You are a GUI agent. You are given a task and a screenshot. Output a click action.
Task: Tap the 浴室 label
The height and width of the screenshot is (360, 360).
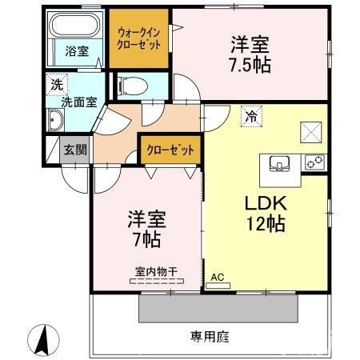pyautogui.click(x=77, y=51)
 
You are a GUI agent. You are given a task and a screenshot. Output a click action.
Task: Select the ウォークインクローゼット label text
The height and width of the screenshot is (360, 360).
pyautogui.click(x=139, y=38)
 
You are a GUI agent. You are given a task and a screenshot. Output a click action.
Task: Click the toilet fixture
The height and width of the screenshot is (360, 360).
pyautogui.click(x=132, y=85)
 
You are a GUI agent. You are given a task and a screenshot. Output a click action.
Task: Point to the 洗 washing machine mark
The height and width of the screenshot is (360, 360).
pyautogui.click(x=57, y=84)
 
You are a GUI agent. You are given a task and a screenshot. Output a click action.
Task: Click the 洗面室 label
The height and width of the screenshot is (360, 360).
pyautogui.click(x=79, y=102)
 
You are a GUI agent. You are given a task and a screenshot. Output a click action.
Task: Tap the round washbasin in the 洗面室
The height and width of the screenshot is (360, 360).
pyautogui.click(x=57, y=122)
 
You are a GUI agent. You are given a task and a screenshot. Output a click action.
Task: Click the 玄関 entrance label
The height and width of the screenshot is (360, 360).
pyautogui.click(x=76, y=149)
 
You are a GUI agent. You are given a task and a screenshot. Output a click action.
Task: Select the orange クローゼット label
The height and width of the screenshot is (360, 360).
pyautogui.click(x=170, y=149)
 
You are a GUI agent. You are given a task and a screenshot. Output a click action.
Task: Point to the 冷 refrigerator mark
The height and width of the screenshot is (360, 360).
pyautogui.click(x=251, y=117)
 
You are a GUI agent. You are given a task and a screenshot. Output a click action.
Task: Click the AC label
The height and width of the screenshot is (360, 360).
pyautogui.click(x=216, y=279)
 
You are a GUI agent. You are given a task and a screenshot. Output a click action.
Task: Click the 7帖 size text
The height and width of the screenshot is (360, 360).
pyautogui.click(x=148, y=238)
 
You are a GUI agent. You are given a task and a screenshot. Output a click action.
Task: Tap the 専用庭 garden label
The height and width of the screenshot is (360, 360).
pyautogui.click(x=210, y=337)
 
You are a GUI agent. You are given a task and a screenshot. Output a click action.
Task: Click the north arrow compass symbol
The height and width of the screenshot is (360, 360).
pyautogui.click(x=46, y=339)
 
